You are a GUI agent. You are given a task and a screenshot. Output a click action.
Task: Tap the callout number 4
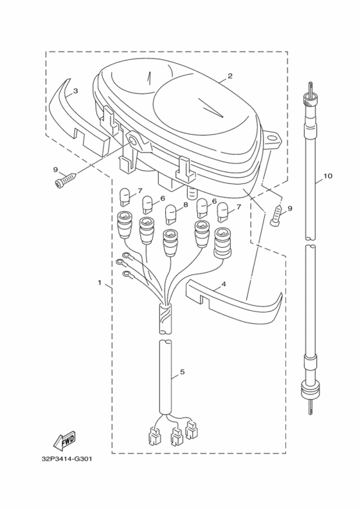click(x=223, y=284)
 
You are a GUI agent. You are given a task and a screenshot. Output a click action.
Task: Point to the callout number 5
click(x=182, y=371)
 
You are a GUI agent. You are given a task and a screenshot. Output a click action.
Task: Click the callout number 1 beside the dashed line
click(x=99, y=282)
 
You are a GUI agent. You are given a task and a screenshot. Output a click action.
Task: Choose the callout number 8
click(x=185, y=205)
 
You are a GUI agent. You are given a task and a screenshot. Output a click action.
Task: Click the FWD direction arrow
click(x=63, y=440)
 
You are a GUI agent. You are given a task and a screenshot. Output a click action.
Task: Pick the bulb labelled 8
click(x=171, y=212)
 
